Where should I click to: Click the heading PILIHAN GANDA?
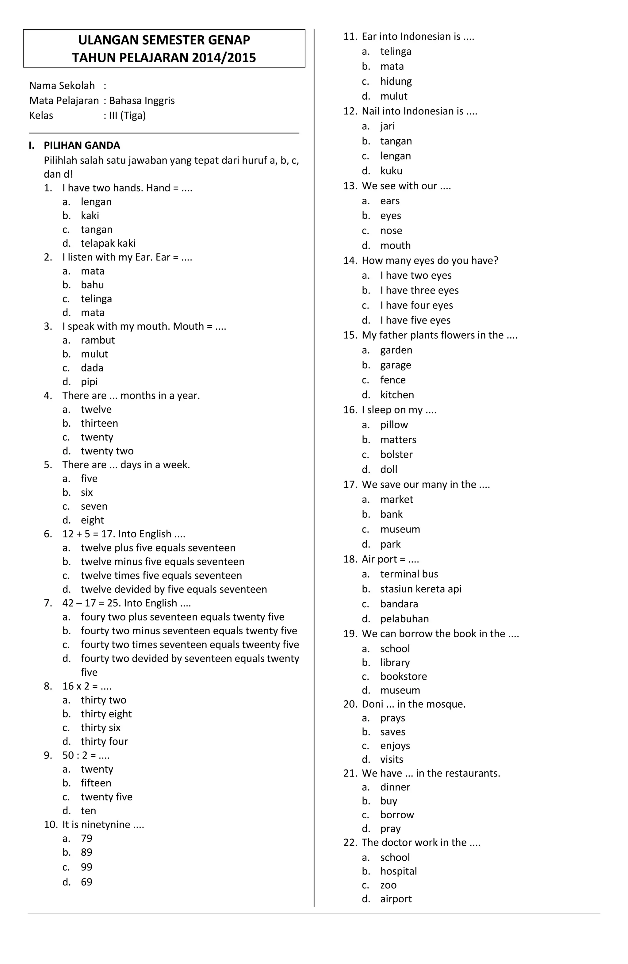82,145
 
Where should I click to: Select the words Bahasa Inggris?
142,101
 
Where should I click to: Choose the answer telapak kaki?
108,243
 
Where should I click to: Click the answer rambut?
98,340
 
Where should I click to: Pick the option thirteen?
99,423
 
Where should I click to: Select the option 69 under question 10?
87,882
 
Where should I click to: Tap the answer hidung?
396,81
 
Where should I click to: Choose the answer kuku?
391,171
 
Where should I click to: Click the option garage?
396,365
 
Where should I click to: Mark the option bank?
392,514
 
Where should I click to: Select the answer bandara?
399,604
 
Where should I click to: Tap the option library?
395,662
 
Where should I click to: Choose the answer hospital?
398,871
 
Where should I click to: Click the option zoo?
388,885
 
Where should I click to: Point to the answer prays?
392,718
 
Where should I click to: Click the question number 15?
350,335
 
